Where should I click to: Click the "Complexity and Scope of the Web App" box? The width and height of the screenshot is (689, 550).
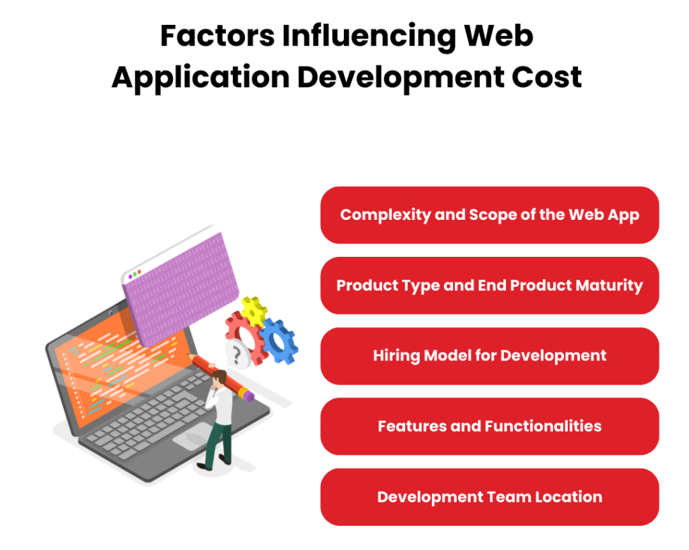[489, 215]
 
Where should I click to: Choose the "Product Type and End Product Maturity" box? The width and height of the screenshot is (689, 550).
[489, 285]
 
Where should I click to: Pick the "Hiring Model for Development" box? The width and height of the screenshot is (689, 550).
[489, 356]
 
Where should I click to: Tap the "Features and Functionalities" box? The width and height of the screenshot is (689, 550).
[489, 426]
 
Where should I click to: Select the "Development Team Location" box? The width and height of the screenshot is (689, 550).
[489, 497]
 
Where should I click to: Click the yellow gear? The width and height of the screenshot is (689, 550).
[254, 311]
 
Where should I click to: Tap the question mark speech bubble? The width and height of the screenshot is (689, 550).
[236, 354]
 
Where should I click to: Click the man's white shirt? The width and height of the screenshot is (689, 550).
[223, 407]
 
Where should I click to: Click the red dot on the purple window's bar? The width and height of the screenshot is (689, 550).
[140, 272]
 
